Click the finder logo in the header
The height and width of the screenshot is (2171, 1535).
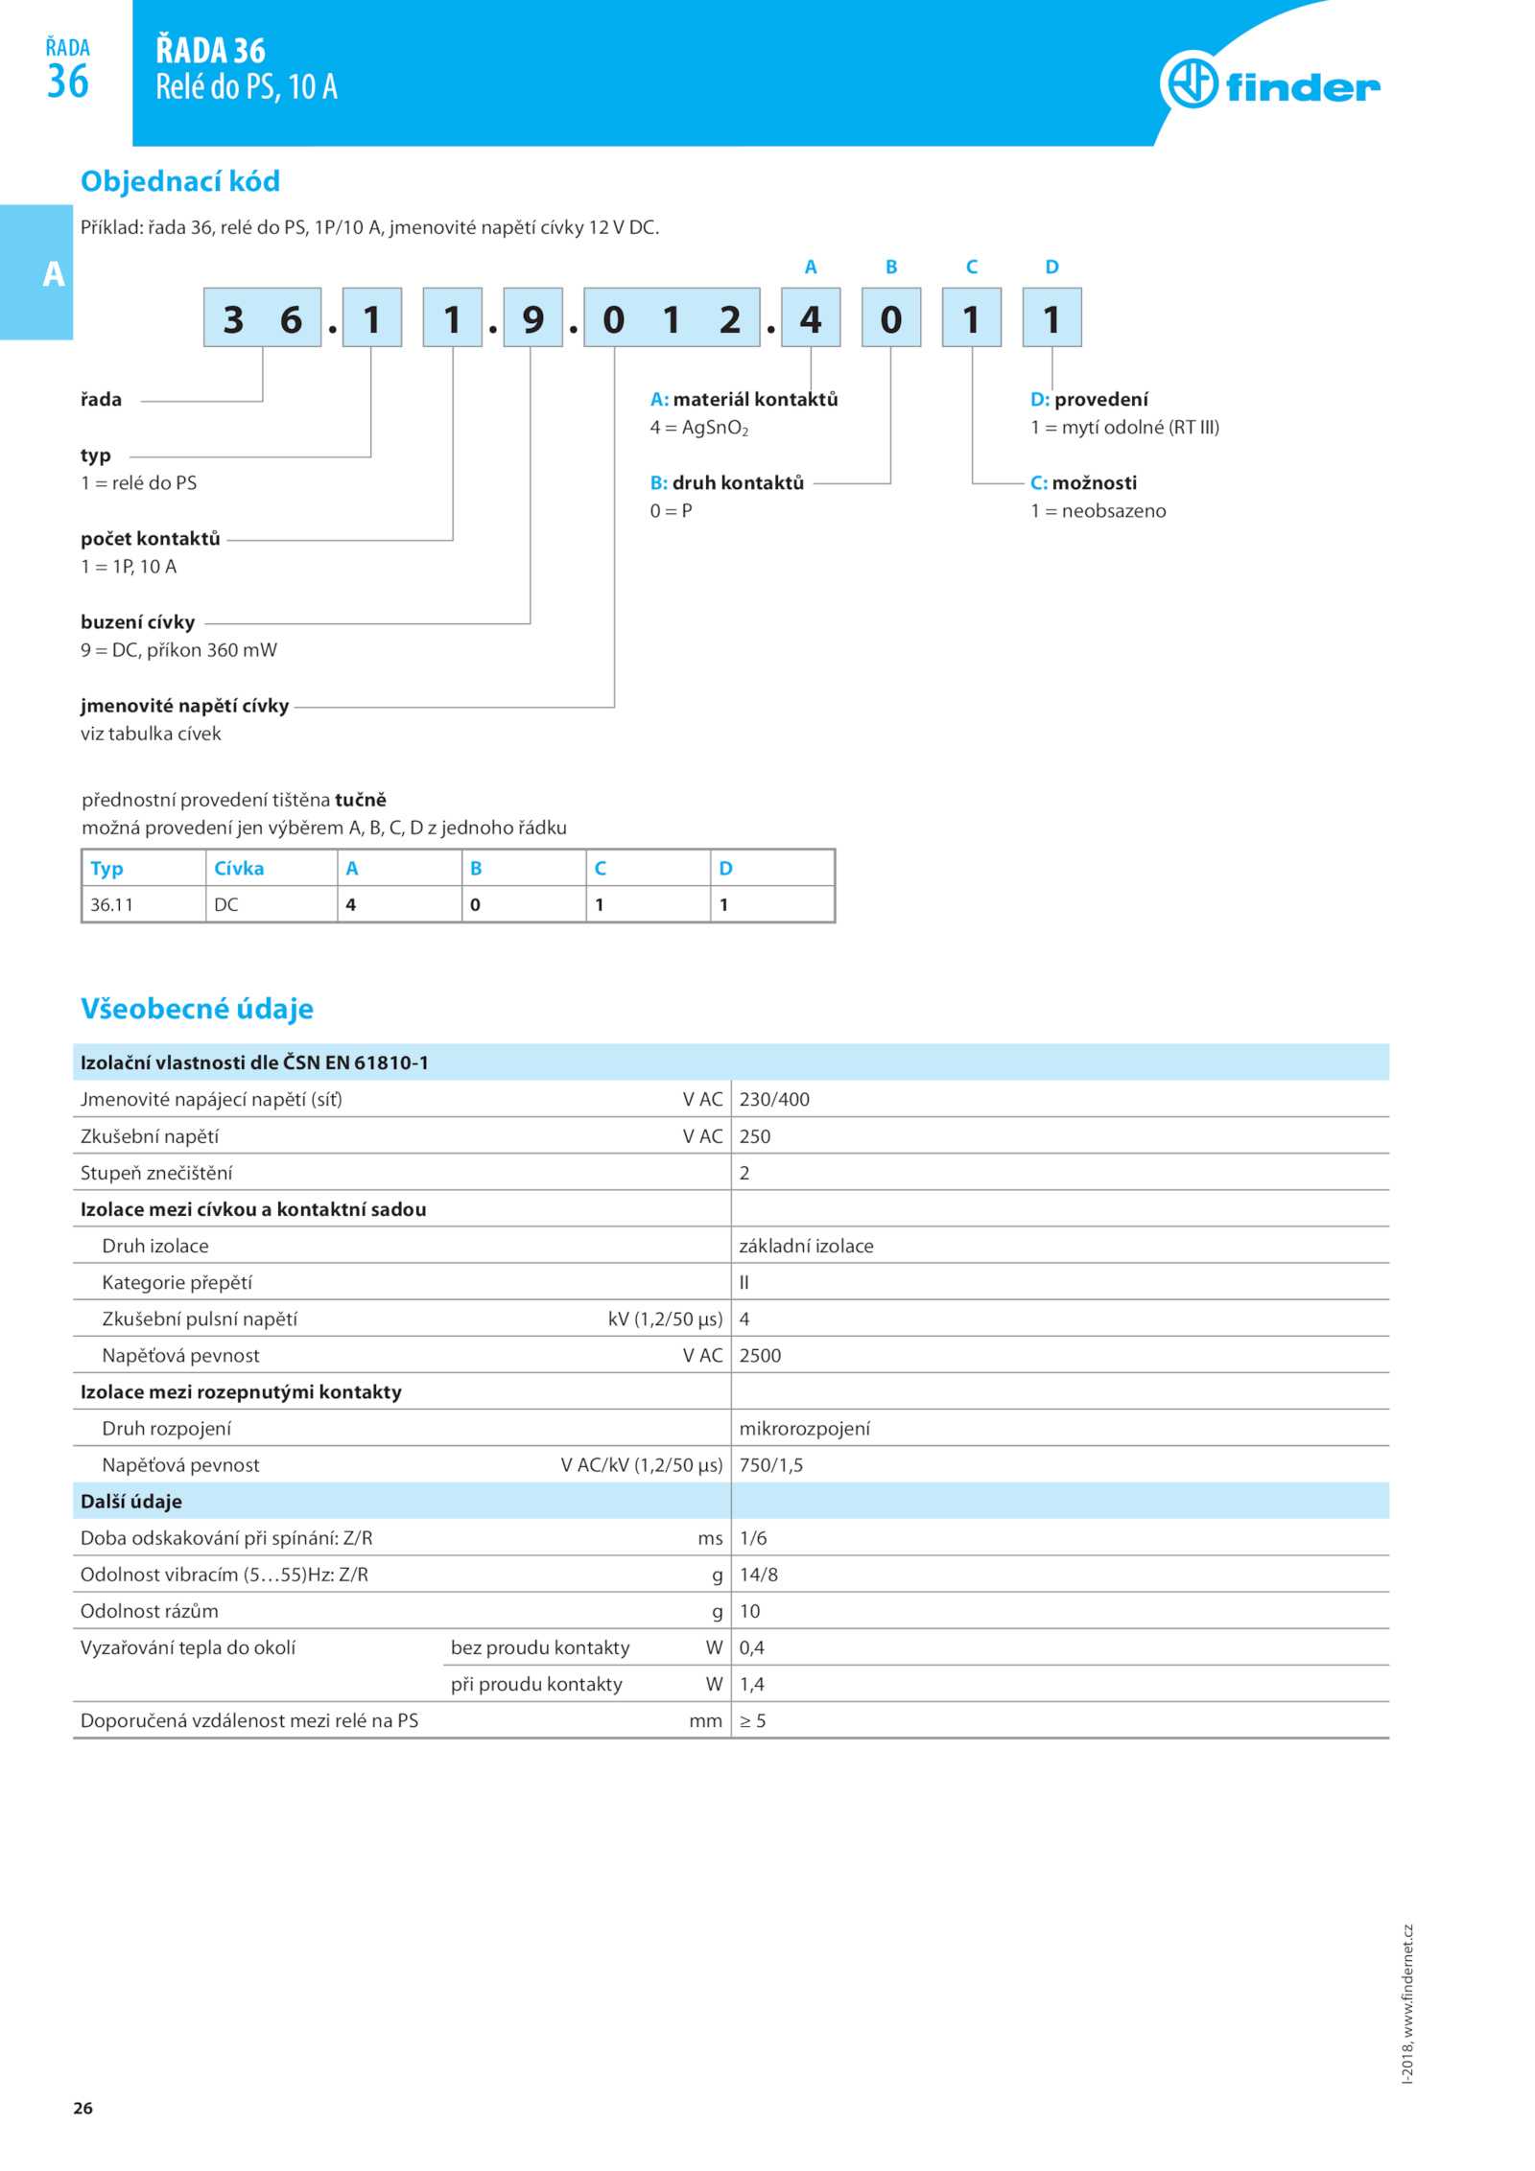1268,84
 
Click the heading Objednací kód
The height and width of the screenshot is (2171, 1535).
180,181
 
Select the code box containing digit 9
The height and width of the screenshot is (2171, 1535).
532,317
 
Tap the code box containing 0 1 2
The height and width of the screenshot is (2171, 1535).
671,317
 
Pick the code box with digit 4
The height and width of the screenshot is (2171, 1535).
810,317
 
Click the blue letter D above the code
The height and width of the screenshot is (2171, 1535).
1051,267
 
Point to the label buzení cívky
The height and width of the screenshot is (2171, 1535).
137,622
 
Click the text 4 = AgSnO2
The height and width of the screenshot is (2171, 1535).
698,428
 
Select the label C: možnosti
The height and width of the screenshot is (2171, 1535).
1083,482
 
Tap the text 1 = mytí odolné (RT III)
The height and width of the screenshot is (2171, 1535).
1124,428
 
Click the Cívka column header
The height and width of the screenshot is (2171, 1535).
239,868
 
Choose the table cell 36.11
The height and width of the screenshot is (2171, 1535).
111,904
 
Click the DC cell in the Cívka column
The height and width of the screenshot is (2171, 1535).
226,904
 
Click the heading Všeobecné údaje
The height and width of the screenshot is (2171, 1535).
197,1008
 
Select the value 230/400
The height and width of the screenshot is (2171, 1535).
773,1099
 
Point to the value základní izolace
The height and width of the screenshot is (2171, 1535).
806,1246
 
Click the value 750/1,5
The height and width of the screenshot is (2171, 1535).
770,1464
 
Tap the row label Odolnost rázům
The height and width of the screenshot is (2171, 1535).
149,1610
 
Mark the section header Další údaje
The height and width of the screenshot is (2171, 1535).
130,1501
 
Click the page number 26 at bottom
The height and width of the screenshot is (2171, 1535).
83,2108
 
